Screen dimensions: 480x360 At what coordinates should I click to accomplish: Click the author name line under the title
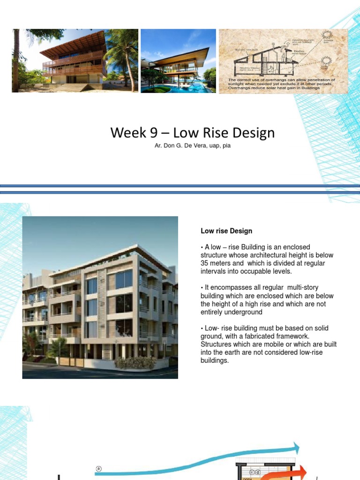click(192, 146)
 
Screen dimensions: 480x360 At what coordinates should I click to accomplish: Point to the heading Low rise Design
click(226, 231)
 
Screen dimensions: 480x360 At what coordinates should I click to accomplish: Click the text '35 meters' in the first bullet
click(217, 263)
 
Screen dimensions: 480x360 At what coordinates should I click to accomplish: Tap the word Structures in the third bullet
click(217, 345)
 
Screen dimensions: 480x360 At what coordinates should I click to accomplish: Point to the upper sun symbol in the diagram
click(326, 37)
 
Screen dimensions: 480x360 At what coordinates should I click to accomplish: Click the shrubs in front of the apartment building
click(135, 362)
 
